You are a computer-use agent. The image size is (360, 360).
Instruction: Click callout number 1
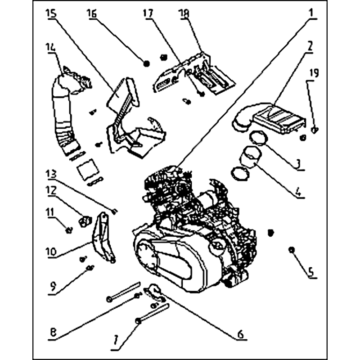pyautogui.click(x=311, y=13)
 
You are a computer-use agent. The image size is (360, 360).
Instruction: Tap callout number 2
pyautogui.click(x=310, y=47)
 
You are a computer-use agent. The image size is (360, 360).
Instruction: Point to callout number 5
pyautogui.click(x=310, y=272)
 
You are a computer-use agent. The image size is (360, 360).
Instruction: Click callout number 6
pyautogui.click(x=240, y=335)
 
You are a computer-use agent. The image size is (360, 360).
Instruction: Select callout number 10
pyautogui.click(x=51, y=252)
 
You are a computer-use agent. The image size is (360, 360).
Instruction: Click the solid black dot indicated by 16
pyautogui.click(x=146, y=63)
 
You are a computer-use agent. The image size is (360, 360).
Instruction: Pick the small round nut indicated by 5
pyautogui.click(x=292, y=250)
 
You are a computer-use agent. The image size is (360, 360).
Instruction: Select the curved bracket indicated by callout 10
pyautogui.click(x=103, y=237)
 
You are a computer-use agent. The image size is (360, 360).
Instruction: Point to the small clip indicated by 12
pyautogui.click(x=85, y=221)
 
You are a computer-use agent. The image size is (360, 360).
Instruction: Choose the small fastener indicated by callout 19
pyautogui.click(x=315, y=130)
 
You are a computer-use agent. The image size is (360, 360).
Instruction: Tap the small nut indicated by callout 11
pyautogui.click(x=69, y=230)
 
